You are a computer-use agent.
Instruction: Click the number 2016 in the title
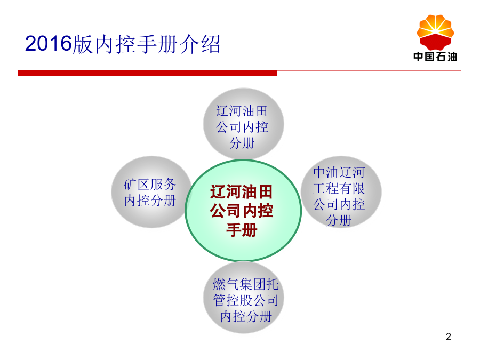tap(48, 44)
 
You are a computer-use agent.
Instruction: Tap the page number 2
tap(449, 337)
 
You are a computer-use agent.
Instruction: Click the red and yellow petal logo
tap(435, 33)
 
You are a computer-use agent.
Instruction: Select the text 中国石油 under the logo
tap(435, 57)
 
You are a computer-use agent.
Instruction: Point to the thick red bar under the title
tap(147, 73)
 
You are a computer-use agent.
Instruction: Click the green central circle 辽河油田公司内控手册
tap(243, 211)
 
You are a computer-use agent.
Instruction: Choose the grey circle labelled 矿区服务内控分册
tap(151, 192)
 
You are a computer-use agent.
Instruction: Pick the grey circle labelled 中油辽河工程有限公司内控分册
tap(341, 192)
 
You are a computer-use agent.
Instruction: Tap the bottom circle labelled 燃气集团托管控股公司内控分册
tap(244, 298)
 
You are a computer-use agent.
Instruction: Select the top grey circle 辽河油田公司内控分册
tap(244, 124)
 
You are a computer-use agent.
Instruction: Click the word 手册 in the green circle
tap(242, 230)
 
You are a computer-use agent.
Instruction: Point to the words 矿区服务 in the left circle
tap(150, 185)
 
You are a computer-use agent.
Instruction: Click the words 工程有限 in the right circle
tap(339, 188)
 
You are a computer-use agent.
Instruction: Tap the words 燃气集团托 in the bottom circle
tap(246, 284)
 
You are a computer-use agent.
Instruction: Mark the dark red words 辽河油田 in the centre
tap(241, 192)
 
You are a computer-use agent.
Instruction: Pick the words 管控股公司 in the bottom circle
tap(246, 300)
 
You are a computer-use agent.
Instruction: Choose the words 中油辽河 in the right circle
tap(339, 172)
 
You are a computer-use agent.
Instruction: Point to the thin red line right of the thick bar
tap(369, 70)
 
